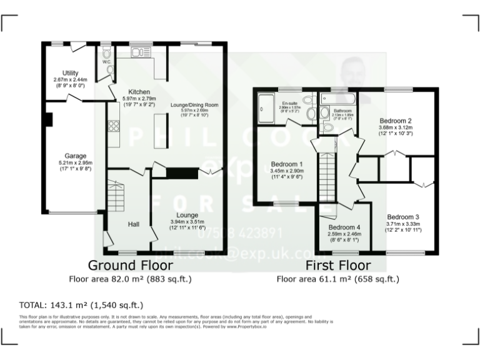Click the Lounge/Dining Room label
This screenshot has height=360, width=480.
[194, 105]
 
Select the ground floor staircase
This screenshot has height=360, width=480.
[117, 195]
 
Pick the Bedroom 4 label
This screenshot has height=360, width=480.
[344, 227]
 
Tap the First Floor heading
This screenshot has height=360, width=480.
[338, 266]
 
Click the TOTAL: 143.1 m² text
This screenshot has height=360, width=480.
[82, 306]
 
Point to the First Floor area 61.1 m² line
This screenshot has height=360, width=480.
[338, 279]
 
